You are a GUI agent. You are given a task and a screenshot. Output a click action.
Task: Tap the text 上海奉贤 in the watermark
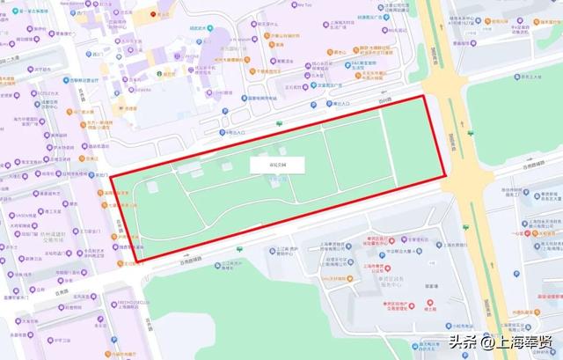pyautogui.click(x=524, y=342)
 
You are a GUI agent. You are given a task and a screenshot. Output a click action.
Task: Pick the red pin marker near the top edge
pyautogui.click(x=155, y=13)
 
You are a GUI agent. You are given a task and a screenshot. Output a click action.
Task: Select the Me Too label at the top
pyautogui.click(x=305, y=5)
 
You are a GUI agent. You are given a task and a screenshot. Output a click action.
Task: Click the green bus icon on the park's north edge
pyautogui.click(x=280, y=122)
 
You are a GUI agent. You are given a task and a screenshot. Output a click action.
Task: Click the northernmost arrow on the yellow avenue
pyautogui.click(x=437, y=26)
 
